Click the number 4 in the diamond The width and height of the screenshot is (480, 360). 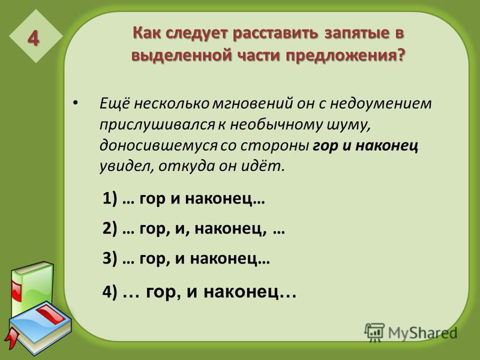[34, 38]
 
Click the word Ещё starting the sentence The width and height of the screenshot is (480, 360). [115, 103]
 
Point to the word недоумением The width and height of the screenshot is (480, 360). [380, 104]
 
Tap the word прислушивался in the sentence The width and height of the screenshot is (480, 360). [157, 125]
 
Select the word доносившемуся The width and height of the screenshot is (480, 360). [158, 146]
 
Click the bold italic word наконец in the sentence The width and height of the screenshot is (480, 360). [386, 146]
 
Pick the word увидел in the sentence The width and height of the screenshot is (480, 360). [127, 167]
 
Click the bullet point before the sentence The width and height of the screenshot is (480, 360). [76, 103]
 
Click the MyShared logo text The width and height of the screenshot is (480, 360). [422, 332]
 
